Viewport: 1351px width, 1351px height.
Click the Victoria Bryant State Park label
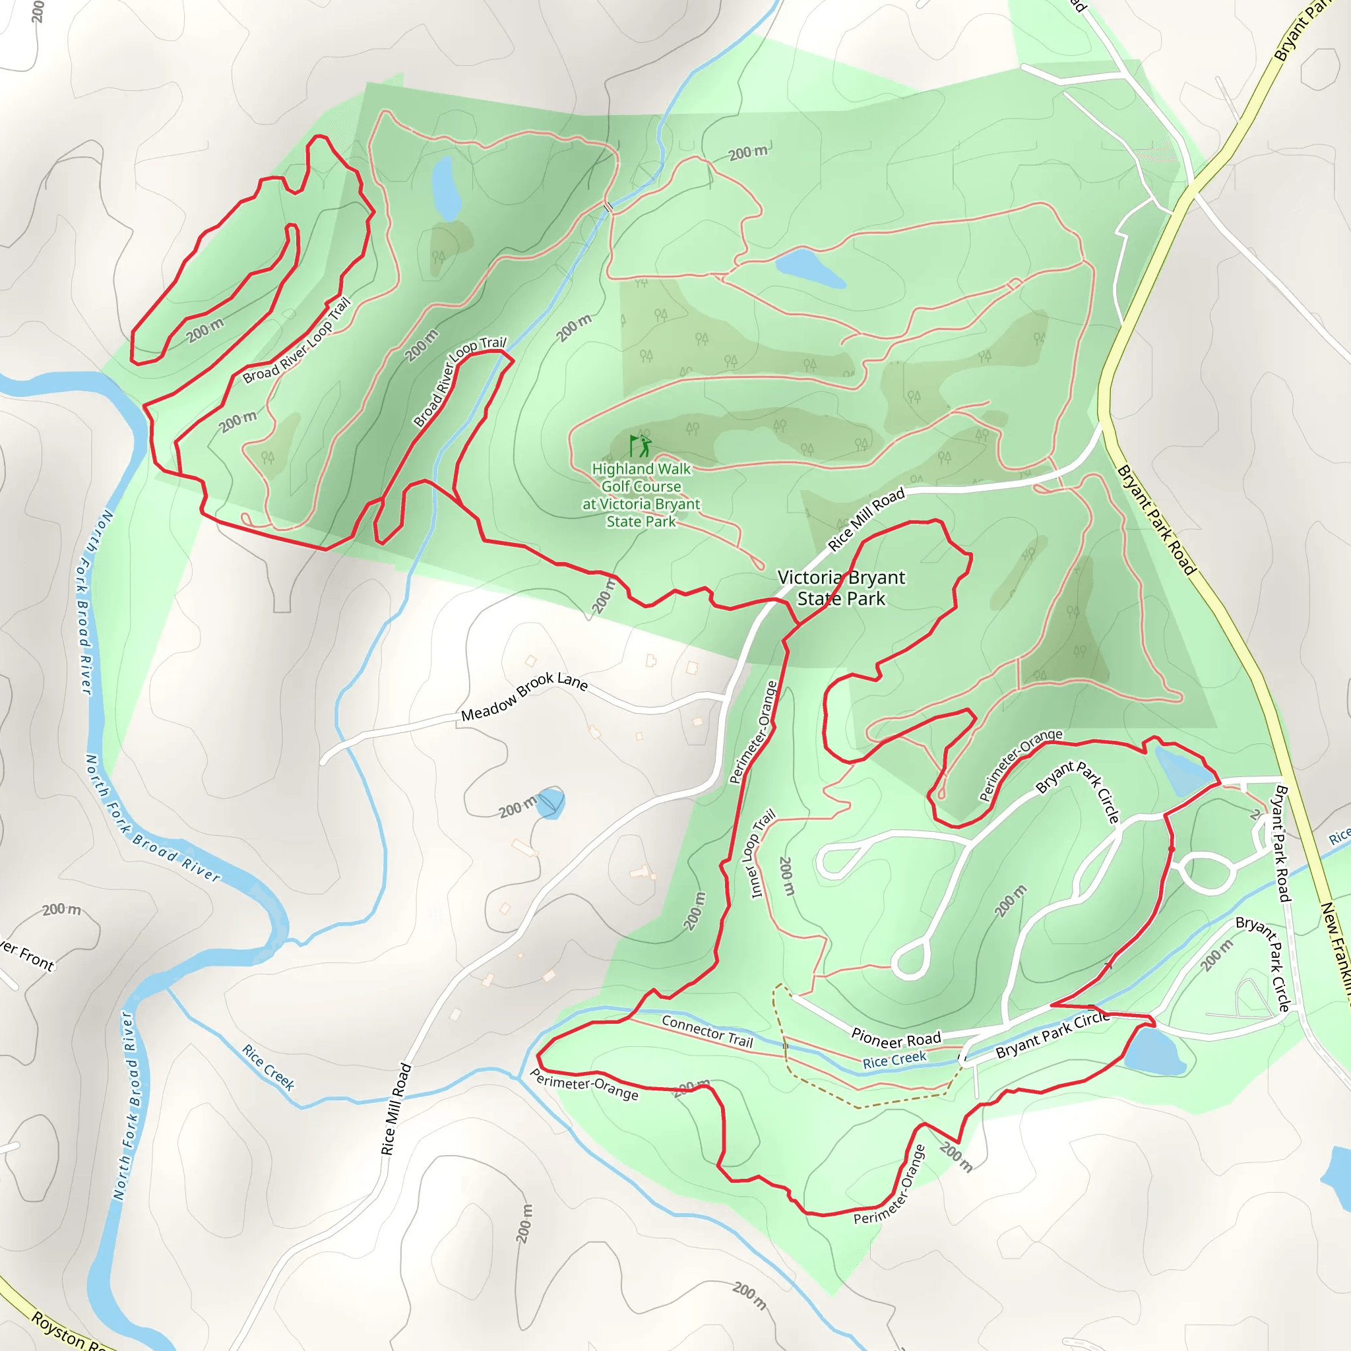click(841, 587)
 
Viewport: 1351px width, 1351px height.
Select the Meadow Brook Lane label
click(524, 696)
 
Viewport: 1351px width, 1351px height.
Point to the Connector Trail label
click(707, 1032)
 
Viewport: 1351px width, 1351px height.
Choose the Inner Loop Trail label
click(762, 853)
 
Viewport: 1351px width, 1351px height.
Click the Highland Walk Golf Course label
click(641, 494)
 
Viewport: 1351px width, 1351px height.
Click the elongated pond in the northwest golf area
click(445, 187)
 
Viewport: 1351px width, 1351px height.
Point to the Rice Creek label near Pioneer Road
click(895, 1060)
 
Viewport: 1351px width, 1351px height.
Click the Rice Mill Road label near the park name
click(865, 519)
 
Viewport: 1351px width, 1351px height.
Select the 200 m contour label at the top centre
click(747, 152)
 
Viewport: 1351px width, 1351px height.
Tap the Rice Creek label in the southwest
click(268, 1067)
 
